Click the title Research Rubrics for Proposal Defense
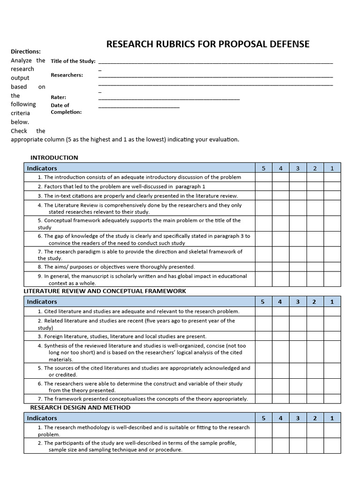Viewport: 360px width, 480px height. [208, 44]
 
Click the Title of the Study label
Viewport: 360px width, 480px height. [73, 61]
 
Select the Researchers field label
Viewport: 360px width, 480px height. [67, 75]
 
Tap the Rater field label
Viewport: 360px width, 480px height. [58, 97]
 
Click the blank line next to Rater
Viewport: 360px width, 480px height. [169, 98]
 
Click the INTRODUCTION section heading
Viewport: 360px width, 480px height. [54, 157]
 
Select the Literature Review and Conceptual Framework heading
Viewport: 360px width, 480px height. [105, 291]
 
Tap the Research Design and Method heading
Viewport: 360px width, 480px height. [87, 407]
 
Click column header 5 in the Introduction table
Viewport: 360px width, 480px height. [263, 168]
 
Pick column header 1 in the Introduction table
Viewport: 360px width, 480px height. [332, 168]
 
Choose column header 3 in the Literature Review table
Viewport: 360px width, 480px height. [298, 302]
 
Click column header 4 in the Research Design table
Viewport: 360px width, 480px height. [280, 418]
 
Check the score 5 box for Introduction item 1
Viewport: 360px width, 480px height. [263, 177]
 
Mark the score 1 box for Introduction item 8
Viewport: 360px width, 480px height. [332, 267]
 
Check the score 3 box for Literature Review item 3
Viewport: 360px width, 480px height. [298, 336]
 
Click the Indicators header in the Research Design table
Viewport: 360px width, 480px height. [42, 418]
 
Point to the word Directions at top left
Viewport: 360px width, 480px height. [26, 52]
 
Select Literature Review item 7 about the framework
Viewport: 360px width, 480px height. [145, 399]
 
